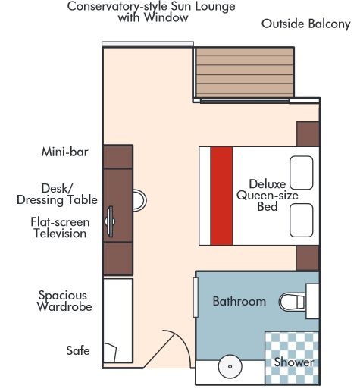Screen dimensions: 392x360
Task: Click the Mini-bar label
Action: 65,152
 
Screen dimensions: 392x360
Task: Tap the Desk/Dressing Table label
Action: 58,193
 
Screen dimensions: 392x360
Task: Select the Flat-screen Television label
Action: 60,227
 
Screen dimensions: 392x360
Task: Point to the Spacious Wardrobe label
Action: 64,301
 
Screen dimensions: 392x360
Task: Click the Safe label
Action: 78,350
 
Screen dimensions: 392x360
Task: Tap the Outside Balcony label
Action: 305,24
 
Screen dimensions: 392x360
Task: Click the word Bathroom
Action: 239,301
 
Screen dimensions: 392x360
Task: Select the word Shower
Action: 294,363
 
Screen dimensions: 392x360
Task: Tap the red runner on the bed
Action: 221,196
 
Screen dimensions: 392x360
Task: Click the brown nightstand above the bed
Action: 308,133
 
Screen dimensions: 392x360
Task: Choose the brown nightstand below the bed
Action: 307,257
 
